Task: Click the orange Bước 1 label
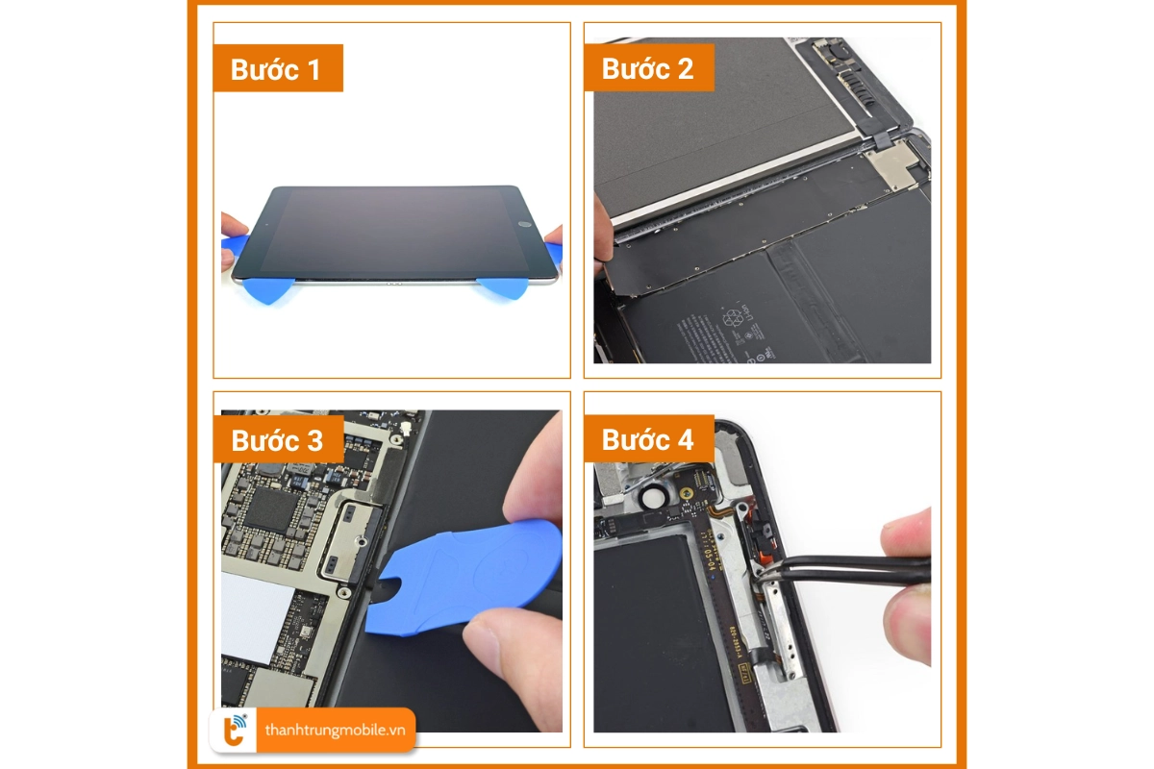coord(277,69)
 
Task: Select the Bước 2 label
coord(648,69)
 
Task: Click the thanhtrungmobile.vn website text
coord(335,731)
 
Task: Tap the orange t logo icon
coord(233,731)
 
